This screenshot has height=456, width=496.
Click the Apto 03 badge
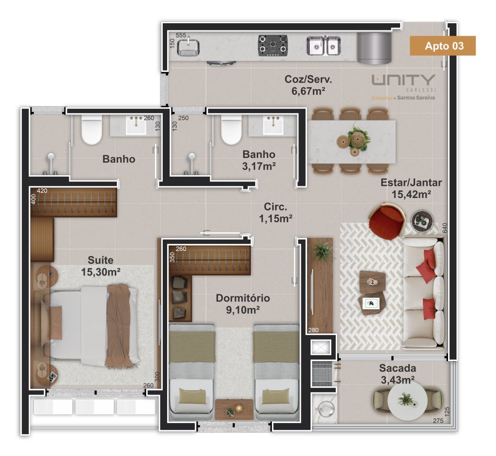click(443, 46)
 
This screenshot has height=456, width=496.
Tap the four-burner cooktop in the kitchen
click(273, 46)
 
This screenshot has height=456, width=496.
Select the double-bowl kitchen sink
click(323, 46)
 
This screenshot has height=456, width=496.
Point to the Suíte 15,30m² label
click(101, 266)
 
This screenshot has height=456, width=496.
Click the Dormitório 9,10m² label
click(243, 304)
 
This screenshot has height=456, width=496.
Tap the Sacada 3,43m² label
click(398, 374)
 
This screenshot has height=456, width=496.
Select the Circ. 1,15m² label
click(276, 213)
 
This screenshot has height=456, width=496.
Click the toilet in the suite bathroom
click(92, 130)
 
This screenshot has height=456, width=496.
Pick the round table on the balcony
click(407, 400)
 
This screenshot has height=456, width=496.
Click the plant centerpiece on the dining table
click(358, 138)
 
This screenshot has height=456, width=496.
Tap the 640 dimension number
click(445, 228)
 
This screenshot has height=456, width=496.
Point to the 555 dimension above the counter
click(181, 35)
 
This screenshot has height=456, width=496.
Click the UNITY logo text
click(403, 80)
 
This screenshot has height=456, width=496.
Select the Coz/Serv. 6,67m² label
click(308, 85)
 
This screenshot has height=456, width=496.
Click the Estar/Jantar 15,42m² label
click(411, 188)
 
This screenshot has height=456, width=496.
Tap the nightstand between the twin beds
click(234, 410)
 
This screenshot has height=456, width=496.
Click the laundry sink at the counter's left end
click(188, 47)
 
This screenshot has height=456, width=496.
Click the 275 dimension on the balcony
click(438, 421)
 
